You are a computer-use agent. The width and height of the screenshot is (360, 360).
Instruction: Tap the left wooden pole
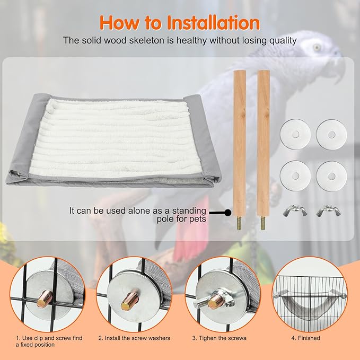point(240,138)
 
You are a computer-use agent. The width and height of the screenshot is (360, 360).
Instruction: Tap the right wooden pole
point(264,138)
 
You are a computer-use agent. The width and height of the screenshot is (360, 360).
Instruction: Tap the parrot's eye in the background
point(317,47)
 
